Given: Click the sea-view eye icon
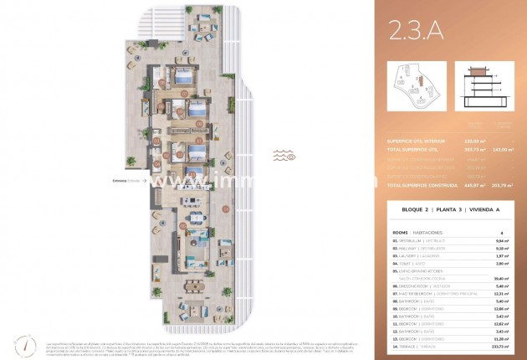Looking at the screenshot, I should pyautogui.click(x=290, y=156).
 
